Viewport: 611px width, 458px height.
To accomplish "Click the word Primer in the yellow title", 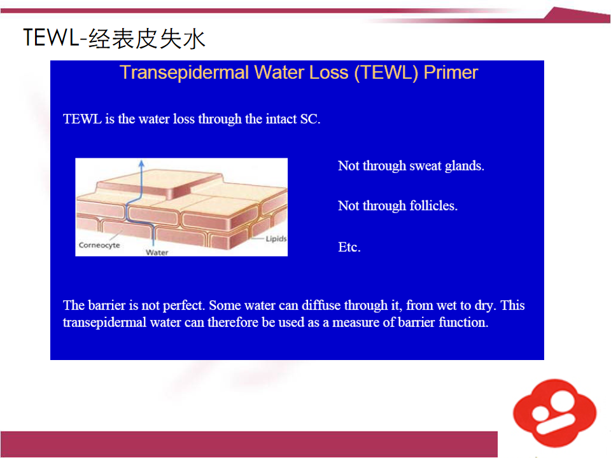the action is click(x=451, y=73).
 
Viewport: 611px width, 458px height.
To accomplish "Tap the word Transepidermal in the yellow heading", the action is click(x=184, y=73).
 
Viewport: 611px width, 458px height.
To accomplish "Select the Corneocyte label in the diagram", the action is click(x=99, y=246).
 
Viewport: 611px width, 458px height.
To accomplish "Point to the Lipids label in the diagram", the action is click(x=276, y=239).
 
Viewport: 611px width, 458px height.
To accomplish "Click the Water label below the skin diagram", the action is click(x=157, y=253).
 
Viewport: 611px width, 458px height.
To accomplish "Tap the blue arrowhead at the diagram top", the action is click(x=141, y=163).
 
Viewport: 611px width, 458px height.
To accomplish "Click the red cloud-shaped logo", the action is click(x=554, y=413).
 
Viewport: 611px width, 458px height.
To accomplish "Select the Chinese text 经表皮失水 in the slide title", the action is click(x=147, y=39).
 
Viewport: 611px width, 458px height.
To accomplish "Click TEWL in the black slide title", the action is click(x=51, y=38).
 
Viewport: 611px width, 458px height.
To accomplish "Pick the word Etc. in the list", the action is click(x=349, y=247).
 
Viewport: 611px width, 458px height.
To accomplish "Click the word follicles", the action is click(x=433, y=205).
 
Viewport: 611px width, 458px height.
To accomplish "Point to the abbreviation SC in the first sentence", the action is click(x=310, y=119).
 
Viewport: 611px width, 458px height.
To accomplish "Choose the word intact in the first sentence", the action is click(x=281, y=119).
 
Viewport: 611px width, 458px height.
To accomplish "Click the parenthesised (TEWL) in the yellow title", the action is click(x=386, y=73).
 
